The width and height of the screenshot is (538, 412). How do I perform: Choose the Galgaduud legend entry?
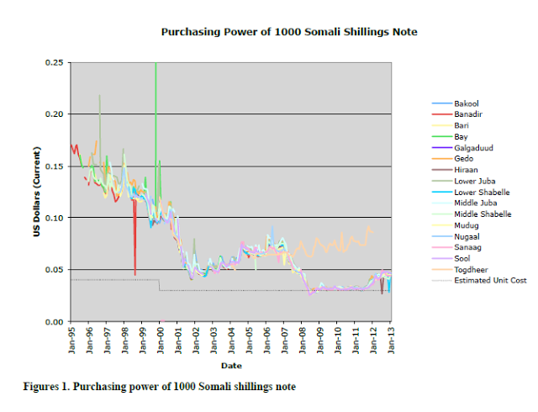472,147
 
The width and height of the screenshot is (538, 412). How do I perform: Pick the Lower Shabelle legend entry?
481,192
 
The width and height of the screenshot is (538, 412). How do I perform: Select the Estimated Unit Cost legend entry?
490,280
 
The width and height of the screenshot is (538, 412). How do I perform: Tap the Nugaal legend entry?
466,236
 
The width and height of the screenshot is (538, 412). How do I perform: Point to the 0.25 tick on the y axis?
53,62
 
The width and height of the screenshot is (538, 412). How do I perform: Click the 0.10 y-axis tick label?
53,218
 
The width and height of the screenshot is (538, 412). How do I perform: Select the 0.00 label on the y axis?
53,322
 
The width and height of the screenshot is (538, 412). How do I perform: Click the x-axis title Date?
231,366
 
